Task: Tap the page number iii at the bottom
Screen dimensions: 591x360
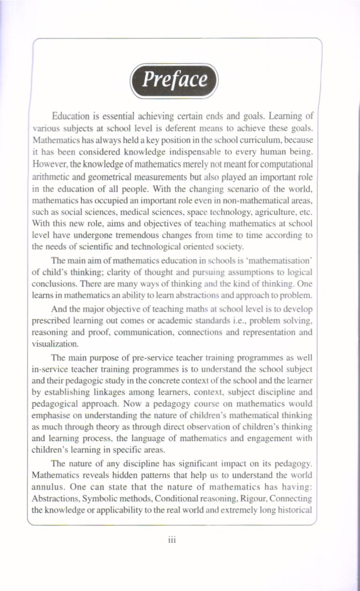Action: pos(172,540)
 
